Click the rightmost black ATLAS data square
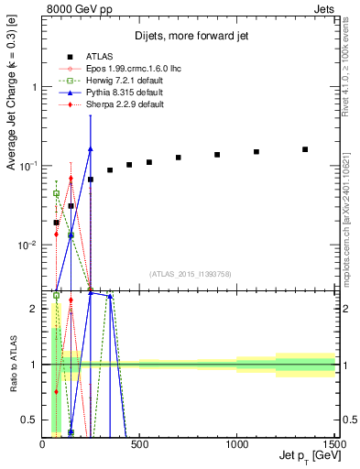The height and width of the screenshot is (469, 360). pos(305,149)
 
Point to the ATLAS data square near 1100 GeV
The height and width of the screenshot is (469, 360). pos(256,152)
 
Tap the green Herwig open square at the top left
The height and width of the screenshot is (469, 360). pos(57,193)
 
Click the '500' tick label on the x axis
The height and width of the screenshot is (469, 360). pos(139,444)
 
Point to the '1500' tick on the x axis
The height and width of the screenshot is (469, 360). pos(333,444)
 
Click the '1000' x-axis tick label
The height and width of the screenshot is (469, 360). pos(236,444)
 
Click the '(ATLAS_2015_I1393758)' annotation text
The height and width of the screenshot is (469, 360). pos(189,274)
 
